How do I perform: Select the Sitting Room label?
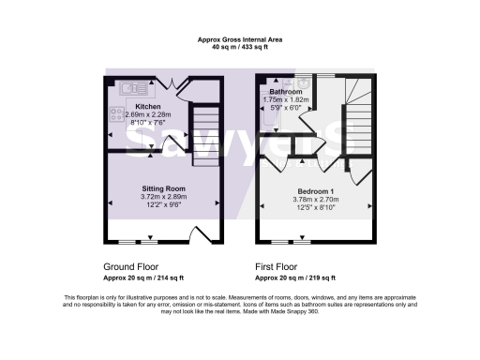tap(164, 188)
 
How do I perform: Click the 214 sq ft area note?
tap(142, 278)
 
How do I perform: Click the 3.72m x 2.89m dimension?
tap(164, 197)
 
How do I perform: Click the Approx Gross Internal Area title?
tap(240, 38)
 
